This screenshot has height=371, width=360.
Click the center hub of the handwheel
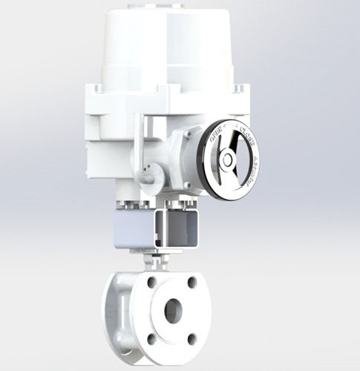pos(228,160)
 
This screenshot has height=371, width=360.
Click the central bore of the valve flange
pos(171,309)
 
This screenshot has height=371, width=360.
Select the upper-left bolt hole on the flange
pos(151,283)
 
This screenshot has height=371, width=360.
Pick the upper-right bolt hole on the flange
pos(192,281)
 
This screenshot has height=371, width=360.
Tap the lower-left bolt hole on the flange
pos(151,338)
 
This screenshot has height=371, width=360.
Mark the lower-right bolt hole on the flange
pos(193,338)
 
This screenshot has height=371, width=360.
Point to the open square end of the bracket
pos(182,229)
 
